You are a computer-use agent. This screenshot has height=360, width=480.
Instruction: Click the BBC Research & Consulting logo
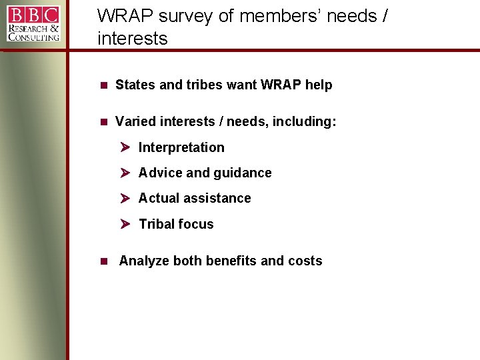tap(33, 23)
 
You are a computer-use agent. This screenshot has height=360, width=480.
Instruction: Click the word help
tap(318, 85)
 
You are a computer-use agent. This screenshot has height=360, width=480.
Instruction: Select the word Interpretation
tap(181, 147)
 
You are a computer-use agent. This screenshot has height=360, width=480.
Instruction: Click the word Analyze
tap(143, 261)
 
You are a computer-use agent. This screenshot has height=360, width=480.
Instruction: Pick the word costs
tap(305, 261)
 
